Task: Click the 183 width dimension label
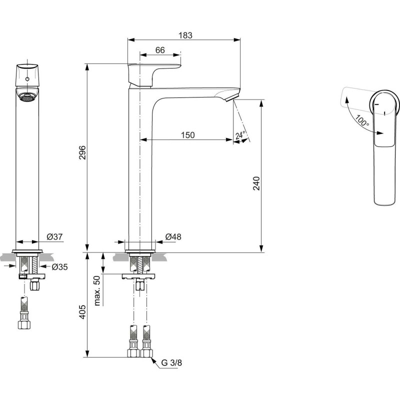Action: coord(185,35)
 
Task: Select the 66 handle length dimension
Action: coord(160,50)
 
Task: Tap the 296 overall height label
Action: coord(82,152)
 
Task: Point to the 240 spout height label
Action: coord(256,183)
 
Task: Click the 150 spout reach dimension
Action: coord(188,135)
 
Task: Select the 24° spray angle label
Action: coord(240,135)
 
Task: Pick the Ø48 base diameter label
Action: coord(173,236)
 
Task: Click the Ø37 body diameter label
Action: coord(54,236)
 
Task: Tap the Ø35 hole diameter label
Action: coord(59,267)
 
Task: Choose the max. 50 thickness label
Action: coord(97,290)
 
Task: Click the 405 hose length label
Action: coord(82,311)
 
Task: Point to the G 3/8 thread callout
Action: coord(171,362)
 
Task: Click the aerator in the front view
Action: coord(27,97)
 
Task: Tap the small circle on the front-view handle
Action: coord(27,79)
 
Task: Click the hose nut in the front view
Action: coord(24,324)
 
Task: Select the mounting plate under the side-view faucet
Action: coord(138,276)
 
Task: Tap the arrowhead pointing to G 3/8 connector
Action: coord(153,360)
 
